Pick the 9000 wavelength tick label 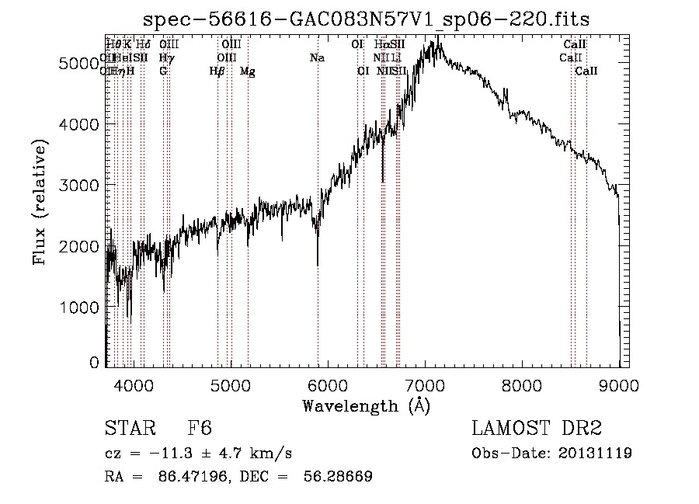619,384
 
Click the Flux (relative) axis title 40,203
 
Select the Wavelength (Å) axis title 366,405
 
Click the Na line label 317,58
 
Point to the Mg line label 247,71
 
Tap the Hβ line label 217,71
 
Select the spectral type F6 200,429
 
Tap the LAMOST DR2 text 536,429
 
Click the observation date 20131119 595,453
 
